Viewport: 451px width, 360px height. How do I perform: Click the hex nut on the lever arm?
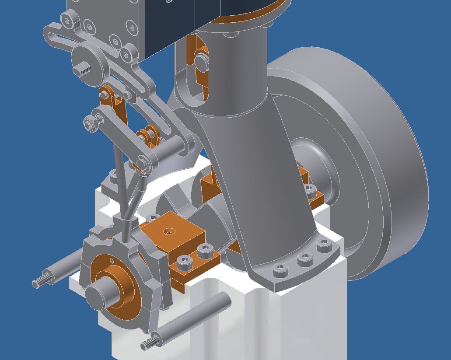pyautogui.click(x=91, y=123)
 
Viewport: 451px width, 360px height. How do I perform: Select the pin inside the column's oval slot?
pyautogui.click(x=202, y=60)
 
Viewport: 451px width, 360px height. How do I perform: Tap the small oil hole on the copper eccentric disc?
pyautogui.click(x=112, y=262)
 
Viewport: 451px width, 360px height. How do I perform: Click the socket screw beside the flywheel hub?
pyautogui.click(x=309, y=189)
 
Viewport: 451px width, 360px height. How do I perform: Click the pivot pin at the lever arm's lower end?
pyautogui.click(x=142, y=164)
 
